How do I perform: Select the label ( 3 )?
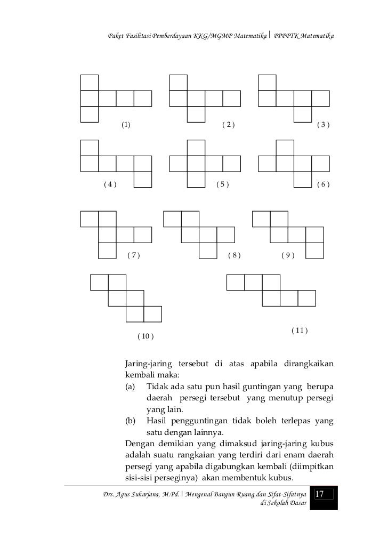pyautogui.click(x=324, y=125)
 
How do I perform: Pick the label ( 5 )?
pyautogui.click(x=222, y=185)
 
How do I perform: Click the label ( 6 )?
pyautogui.click(x=324, y=185)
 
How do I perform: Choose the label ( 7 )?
pyautogui.click(x=133, y=255)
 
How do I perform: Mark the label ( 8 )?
pyautogui.click(x=235, y=255)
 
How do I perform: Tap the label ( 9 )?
pyautogui.click(x=288, y=255)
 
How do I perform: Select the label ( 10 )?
pyautogui.click(x=145, y=336)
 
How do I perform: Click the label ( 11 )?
pyautogui.click(x=300, y=331)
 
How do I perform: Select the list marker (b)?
pyautogui.click(x=130, y=421)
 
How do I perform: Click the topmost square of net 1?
pyautogui.click(x=90, y=83)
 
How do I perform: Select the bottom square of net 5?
pyautogui.click(x=196, y=180)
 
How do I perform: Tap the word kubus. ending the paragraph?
pyautogui.click(x=276, y=477)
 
